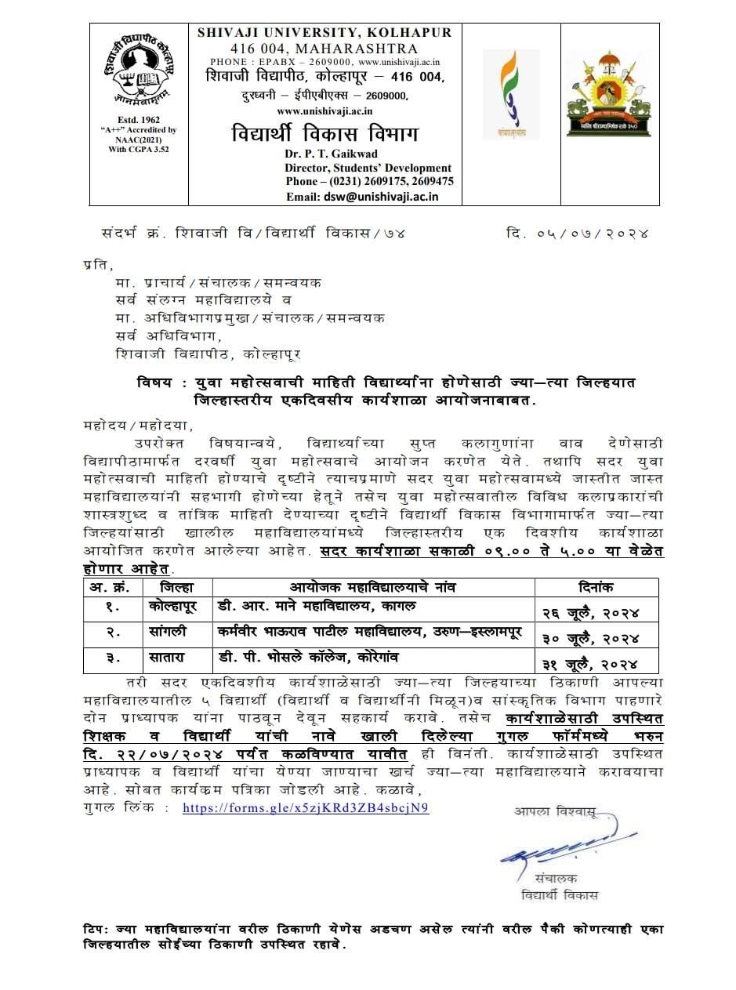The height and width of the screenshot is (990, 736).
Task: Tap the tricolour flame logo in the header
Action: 504,92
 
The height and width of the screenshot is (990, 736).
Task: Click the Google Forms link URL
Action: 306,808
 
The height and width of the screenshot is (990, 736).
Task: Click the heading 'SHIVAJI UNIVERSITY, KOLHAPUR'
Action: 324,32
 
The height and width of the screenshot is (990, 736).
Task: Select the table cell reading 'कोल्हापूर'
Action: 173,607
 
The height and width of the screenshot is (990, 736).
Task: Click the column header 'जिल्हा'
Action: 174,587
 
